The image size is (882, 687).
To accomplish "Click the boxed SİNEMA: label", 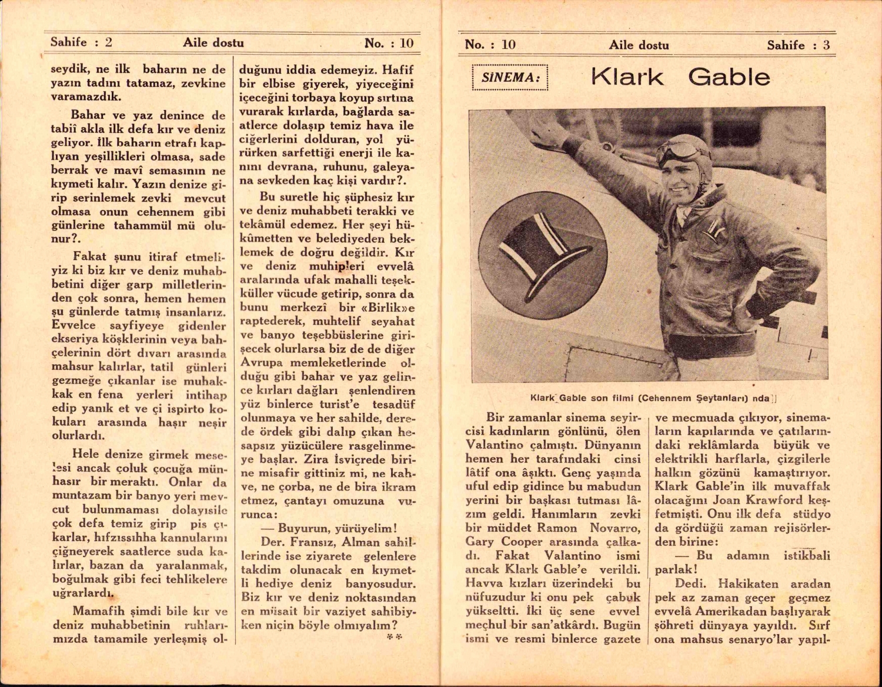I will click(x=510, y=78).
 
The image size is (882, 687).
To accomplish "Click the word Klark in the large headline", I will click(x=627, y=77).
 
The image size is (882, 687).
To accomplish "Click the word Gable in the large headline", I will click(x=729, y=77).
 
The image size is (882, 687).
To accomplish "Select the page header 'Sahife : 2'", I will click(x=81, y=42).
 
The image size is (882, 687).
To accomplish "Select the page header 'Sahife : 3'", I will click(x=798, y=45).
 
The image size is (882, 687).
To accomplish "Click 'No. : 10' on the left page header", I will click(x=389, y=43).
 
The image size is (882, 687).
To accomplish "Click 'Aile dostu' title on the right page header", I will click(x=639, y=45).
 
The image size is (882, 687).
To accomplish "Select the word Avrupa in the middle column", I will click(x=262, y=363).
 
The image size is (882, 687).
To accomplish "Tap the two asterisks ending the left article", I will click(x=394, y=637).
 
